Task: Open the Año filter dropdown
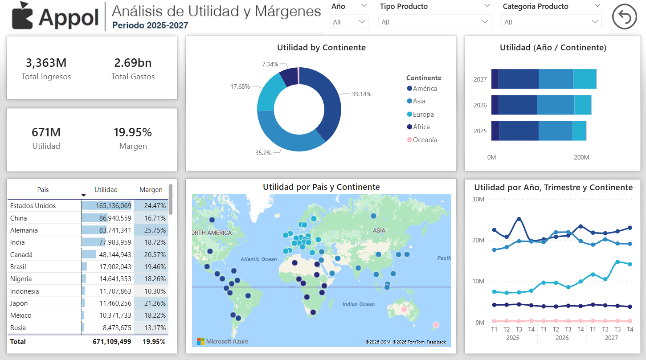tap(349, 22)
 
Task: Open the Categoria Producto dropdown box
tap(551, 22)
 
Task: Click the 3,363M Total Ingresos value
tap(46, 63)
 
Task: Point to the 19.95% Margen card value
tap(133, 132)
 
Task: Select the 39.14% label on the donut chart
tap(361, 94)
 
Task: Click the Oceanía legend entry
tap(425, 140)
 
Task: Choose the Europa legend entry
tap(423, 115)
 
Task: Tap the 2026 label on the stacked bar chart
tap(480, 106)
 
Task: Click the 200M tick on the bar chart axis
tap(581, 158)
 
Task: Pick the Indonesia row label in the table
tap(25, 291)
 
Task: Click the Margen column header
tap(151, 190)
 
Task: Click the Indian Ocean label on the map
tap(358, 304)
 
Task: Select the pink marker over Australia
tap(404, 309)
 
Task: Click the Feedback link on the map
tap(436, 342)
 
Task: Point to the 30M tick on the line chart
tap(478, 199)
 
